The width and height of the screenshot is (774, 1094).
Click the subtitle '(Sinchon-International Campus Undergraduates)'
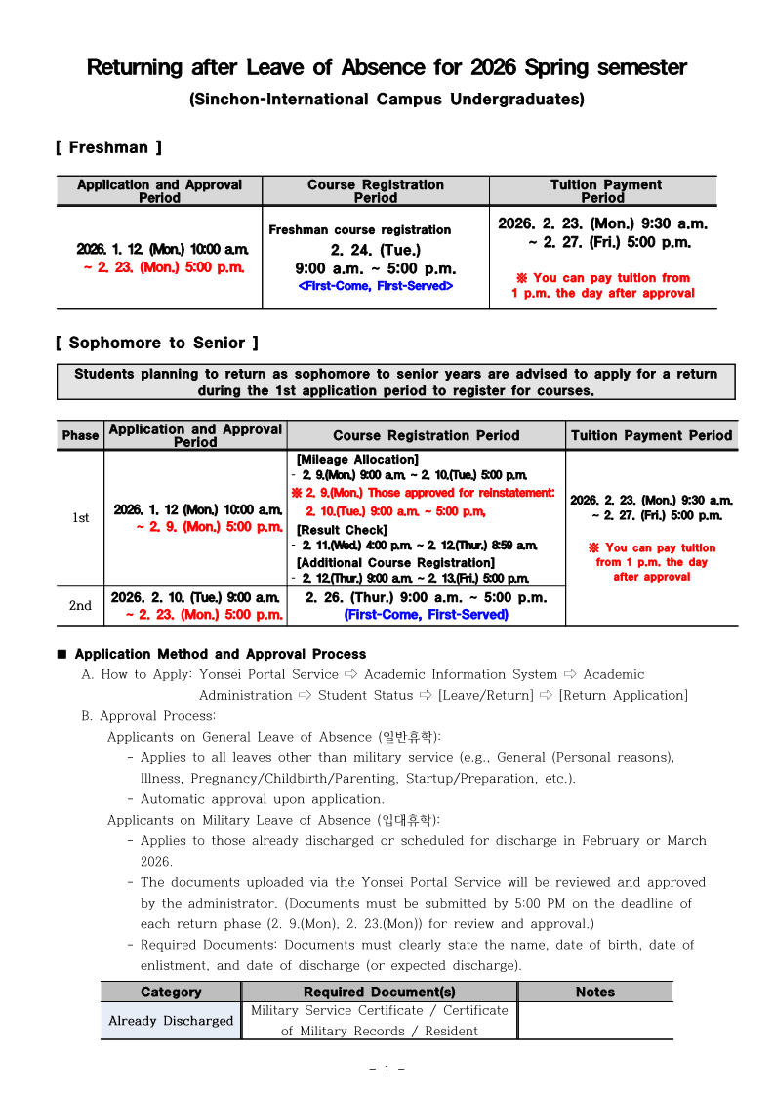(x=387, y=100)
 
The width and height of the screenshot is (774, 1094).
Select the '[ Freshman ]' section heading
(x=108, y=147)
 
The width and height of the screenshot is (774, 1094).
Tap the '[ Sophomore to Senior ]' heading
(x=156, y=343)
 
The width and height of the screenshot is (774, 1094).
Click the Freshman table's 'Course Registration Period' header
(x=376, y=190)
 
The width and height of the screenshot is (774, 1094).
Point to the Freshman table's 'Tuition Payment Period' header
(x=605, y=190)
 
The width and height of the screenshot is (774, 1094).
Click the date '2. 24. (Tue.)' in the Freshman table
(x=376, y=250)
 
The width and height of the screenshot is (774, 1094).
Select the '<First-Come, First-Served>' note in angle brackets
(x=376, y=286)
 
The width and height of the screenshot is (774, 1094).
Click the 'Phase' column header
(x=80, y=435)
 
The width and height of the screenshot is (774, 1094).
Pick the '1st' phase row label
(x=80, y=517)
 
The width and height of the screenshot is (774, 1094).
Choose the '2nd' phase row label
(x=80, y=606)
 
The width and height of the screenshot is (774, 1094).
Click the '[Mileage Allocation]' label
(x=357, y=459)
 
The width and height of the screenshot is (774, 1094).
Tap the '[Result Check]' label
(x=342, y=530)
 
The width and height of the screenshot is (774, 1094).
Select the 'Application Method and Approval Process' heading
(x=221, y=654)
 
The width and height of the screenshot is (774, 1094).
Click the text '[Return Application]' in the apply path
(x=623, y=695)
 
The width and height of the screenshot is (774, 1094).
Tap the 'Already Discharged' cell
(x=171, y=1021)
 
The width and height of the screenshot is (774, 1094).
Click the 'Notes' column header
(x=595, y=992)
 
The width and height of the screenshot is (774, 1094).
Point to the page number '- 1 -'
(x=387, y=1069)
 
